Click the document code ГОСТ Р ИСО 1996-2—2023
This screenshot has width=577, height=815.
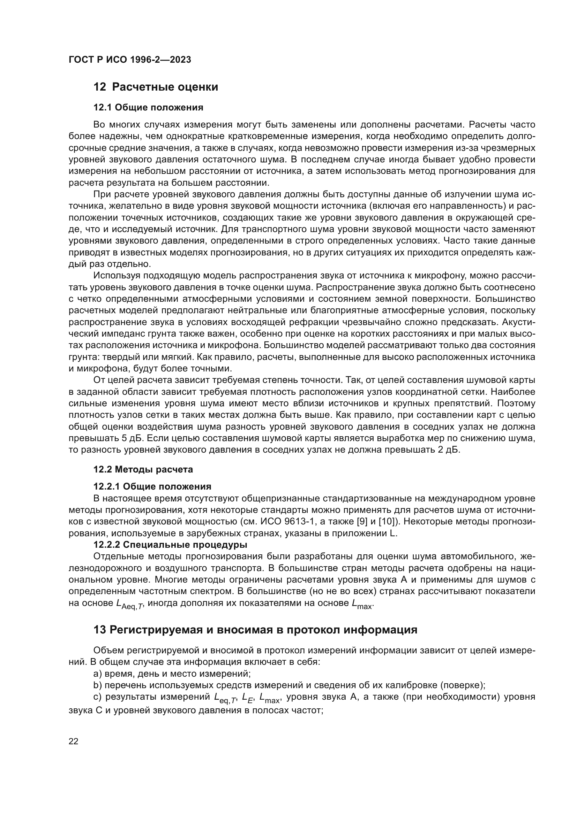[130, 60]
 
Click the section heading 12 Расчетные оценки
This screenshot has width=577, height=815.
[155, 87]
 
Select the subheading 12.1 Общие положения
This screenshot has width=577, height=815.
[148, 108]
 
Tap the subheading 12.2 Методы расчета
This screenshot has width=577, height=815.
[143, 469]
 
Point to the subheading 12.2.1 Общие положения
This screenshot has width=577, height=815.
[152, 486]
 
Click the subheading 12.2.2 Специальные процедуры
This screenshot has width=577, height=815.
[170, 545]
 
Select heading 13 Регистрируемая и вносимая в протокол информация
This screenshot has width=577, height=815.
[255, 630]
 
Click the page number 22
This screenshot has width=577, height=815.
[74, 741]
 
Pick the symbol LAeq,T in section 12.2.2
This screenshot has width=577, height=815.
[129, 604]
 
